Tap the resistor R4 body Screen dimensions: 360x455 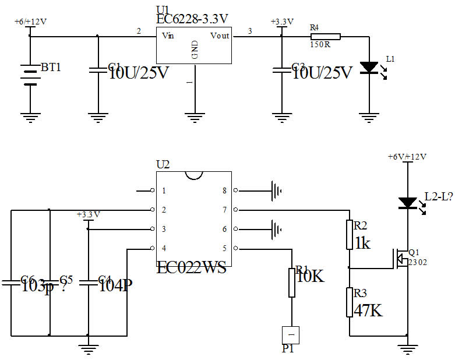click(x=325, y=36)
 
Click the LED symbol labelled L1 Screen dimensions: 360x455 click(x=369, y=68)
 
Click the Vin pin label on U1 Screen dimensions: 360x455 click(x=168, y=36)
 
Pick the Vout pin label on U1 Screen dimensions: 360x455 click(x=220, y=36)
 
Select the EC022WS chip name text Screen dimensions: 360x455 click(x=191, y=269)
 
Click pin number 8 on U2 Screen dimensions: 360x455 click(x=224, y=190)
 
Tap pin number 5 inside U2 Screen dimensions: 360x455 click(x=224, y=248)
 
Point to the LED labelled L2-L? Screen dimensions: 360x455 click(x=407, y=203)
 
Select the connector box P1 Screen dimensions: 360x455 click(x=290, y=336)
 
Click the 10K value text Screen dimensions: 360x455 click(x=310, y=276)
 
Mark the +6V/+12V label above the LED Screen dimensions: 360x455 click(x=407, y=157)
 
